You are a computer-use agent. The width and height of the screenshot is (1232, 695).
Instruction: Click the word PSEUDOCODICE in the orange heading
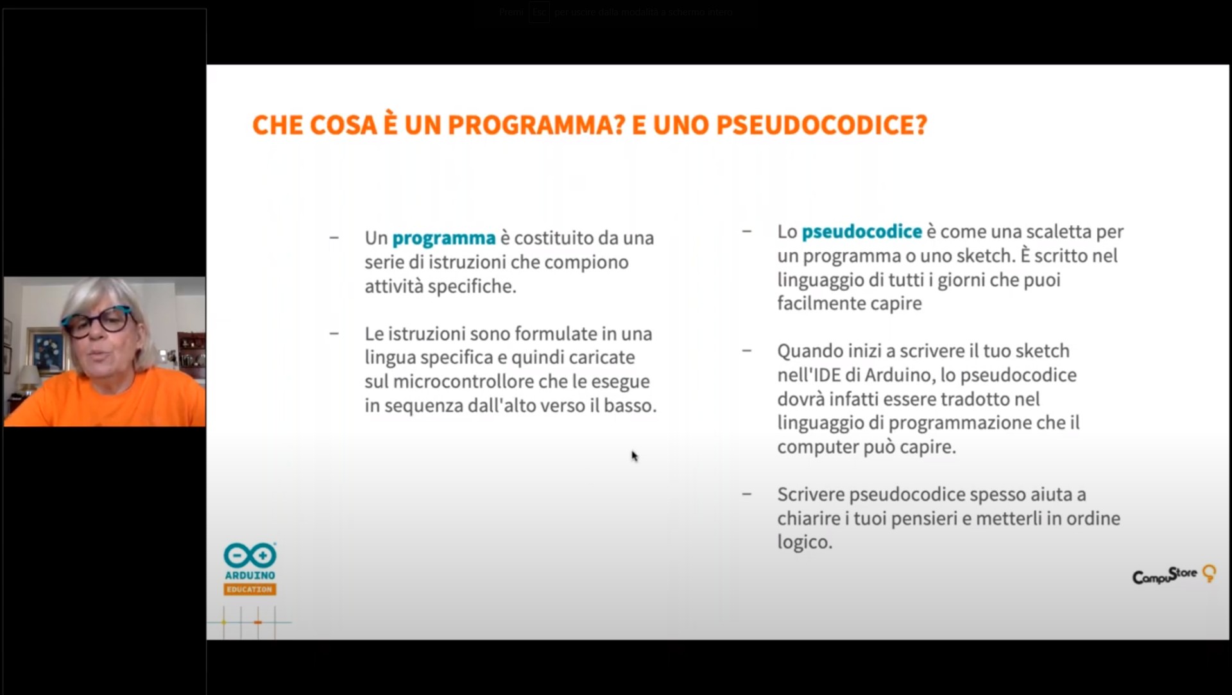821,125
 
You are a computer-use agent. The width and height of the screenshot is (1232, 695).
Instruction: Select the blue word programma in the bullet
443,238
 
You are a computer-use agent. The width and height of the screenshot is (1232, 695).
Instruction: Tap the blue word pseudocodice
861,232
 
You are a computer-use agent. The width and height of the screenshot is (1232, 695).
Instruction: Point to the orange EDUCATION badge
250,589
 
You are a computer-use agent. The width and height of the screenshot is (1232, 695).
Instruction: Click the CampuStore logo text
1165,575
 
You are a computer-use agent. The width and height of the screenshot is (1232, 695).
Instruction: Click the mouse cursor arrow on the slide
634,456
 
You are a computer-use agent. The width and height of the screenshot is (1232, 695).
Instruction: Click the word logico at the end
804,542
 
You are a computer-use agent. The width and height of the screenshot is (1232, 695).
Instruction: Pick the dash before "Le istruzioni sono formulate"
334,334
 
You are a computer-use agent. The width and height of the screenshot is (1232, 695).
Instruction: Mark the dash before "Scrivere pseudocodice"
746,494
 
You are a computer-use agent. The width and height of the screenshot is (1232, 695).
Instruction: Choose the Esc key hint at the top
539,12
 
